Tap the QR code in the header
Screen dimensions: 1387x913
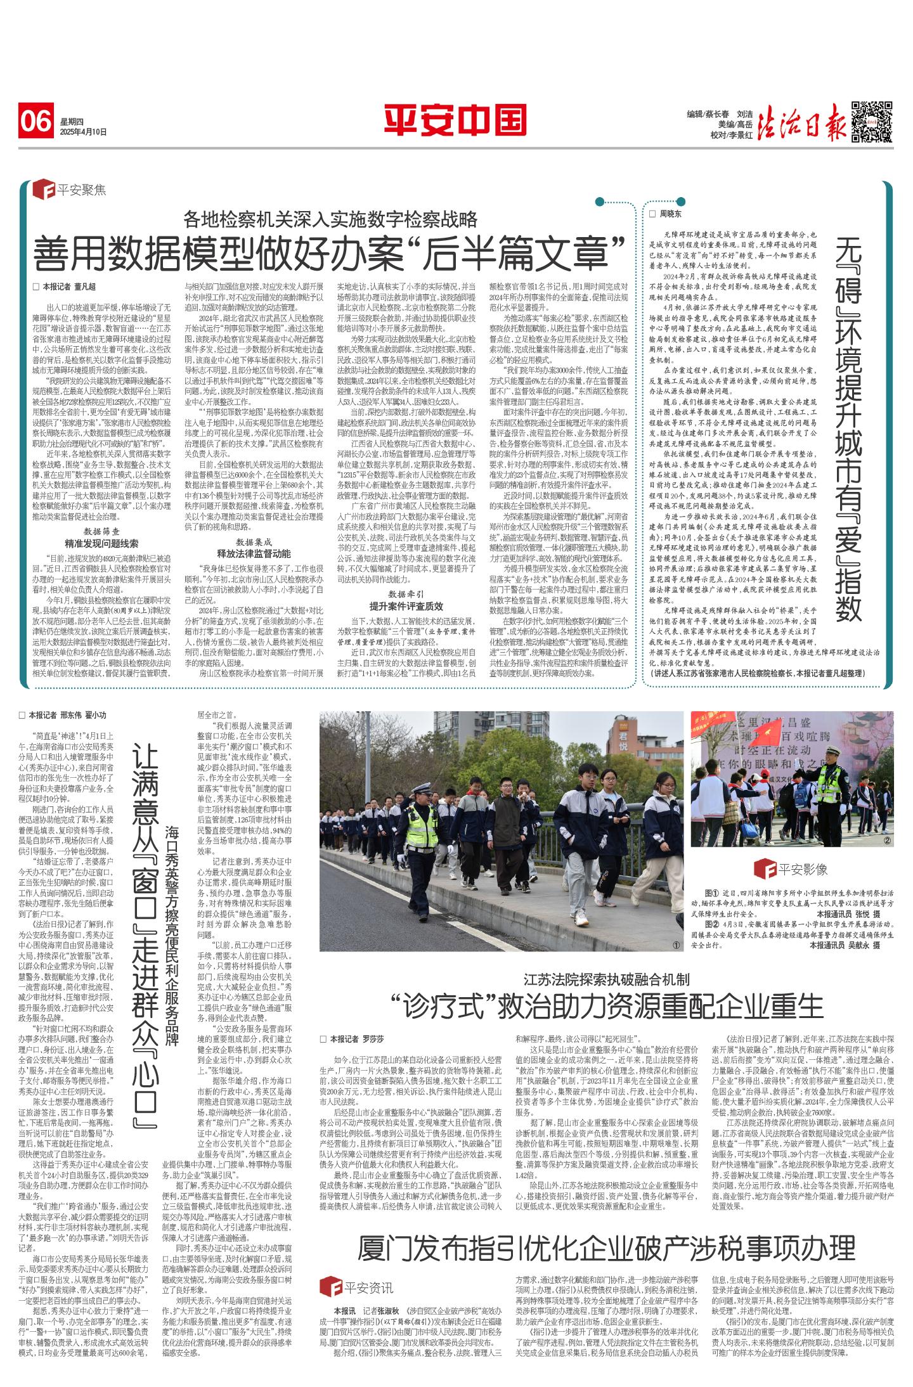click(x=872, y=120)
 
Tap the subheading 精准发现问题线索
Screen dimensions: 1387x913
click(x=102, y=543)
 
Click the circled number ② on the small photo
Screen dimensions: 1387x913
click(x=888, y=841)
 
